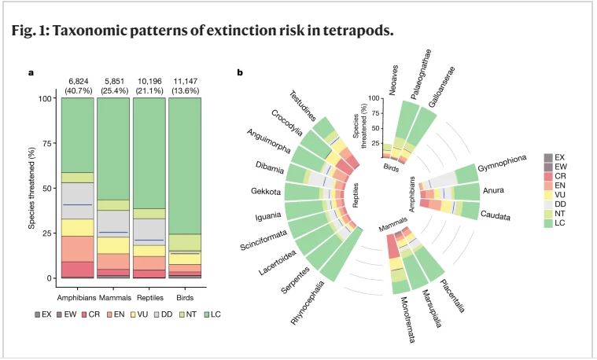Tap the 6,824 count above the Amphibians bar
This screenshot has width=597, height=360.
pos(79,82)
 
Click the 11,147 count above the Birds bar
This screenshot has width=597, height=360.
pos(185,82)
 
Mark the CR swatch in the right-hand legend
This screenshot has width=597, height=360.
pos(549,176)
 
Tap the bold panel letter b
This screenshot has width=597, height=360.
pos(239,73)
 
